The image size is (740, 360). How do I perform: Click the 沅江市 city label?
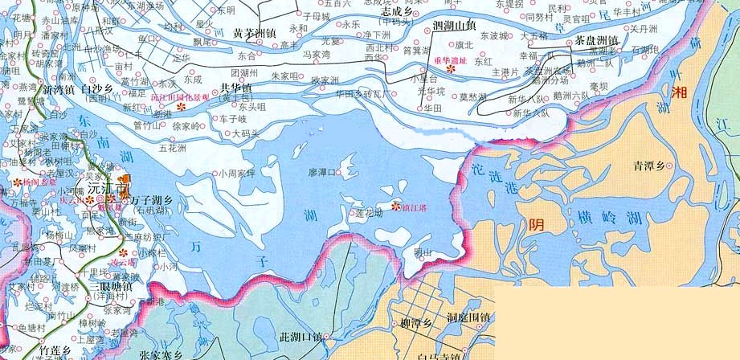point(108,189)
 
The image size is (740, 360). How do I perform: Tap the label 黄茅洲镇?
point(255,33)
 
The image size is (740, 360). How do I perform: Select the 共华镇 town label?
point(236,88)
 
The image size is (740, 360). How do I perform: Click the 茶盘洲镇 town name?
point(591,40)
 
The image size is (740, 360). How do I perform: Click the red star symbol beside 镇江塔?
point(395,207)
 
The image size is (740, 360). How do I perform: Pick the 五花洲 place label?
point(173,149)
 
